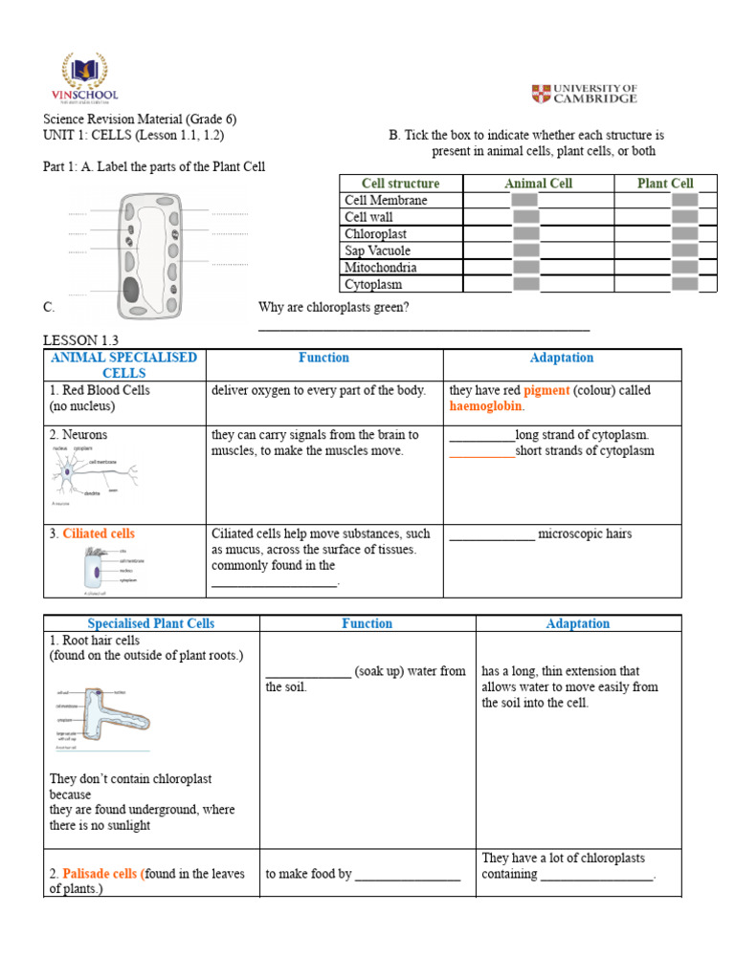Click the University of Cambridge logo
click(584, 94)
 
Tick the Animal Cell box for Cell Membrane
click(524, 200)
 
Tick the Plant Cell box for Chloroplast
click(683, 233)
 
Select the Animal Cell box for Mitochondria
click(524, 267)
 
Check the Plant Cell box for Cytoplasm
click(683, 284)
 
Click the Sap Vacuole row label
click(377, 250)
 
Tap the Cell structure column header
click(400, 183)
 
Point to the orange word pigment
click(546, 390)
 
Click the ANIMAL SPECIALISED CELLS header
click(123, 365)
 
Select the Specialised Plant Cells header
click(150, 623)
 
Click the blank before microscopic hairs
click(491, 534)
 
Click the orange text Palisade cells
click(100, 873)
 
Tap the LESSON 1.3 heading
click(82, 340)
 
